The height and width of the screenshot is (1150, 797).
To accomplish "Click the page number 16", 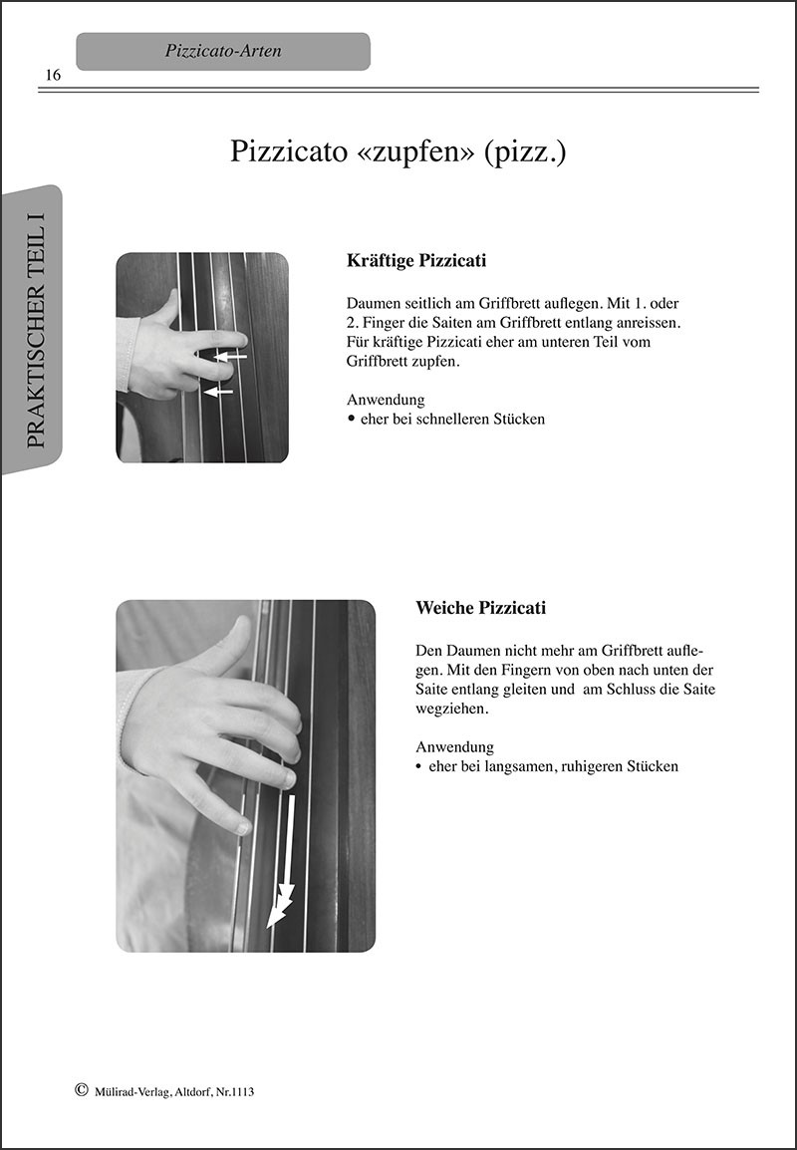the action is click(x=54, y=76).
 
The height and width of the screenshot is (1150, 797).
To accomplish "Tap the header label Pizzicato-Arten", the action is click(x=223, y=52).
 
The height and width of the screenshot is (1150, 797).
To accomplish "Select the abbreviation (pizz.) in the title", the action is click(x=525, y=151).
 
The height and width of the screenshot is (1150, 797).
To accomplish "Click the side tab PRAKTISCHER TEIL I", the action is click(x=34, y=330).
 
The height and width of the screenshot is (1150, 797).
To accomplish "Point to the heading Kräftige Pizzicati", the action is click(x=416, y=261).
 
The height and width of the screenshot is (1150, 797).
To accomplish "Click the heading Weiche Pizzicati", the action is click(x=481, y=608).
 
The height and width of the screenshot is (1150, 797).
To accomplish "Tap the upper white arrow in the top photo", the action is click(x=230, y=357).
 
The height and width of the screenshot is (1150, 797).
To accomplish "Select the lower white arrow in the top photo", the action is click(x=218, y=393).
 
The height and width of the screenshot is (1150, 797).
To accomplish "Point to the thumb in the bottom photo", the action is click(x=223, y=646).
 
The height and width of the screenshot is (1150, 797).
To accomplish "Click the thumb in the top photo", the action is click(x=167, y=307).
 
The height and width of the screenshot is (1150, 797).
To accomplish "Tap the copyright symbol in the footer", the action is click(x=82, y=1090).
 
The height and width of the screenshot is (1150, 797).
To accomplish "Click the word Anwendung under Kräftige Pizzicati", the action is click(x=386, y=400).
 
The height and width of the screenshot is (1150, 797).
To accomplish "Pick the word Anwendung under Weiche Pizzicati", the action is click(x=454, y=747).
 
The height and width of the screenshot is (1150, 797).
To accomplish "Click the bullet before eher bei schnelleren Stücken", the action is click(x=352, y=419).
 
